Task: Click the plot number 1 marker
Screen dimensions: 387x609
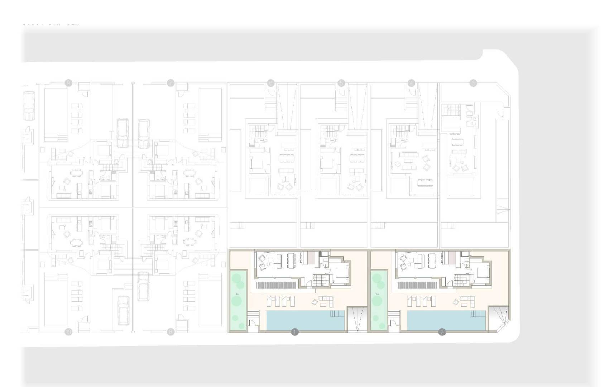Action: click(295, 332)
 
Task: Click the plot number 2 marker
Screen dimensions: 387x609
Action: click(442, 332)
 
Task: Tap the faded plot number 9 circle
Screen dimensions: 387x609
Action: click(68, 83)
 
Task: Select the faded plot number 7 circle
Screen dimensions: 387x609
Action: click(171, 83)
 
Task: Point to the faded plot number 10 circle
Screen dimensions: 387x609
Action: click(68, 332)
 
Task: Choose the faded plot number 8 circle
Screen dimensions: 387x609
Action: click(171, 332)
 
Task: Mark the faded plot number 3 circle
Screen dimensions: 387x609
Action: click(473, 83)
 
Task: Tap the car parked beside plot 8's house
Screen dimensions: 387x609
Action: click(144, 286)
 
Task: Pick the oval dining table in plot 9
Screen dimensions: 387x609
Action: click(76, 173)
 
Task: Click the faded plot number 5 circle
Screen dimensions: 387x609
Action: click(341, 83)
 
